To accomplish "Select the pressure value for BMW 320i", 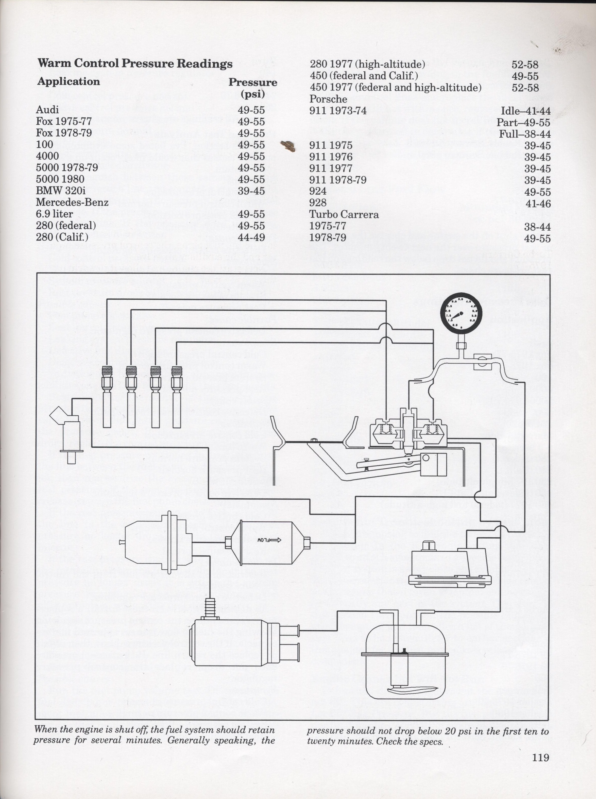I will click(x=251, y=191).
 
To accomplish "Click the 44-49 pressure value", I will click(x=251, y=237).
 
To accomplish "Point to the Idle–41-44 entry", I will click(x=526, y=111).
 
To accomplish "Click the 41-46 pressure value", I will click(x=538, y=204).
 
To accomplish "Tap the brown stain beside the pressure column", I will click(x=288, y=146).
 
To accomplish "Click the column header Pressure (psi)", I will click(x=252, y=88).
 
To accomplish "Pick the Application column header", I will click(x=69, y=81).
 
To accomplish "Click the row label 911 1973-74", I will click(x=338, y=110).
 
